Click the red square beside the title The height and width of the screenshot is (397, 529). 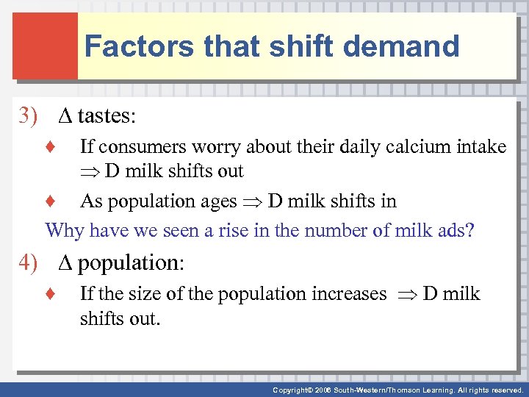(x=45, y=46)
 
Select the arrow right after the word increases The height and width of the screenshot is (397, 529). (x=407, y=295)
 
